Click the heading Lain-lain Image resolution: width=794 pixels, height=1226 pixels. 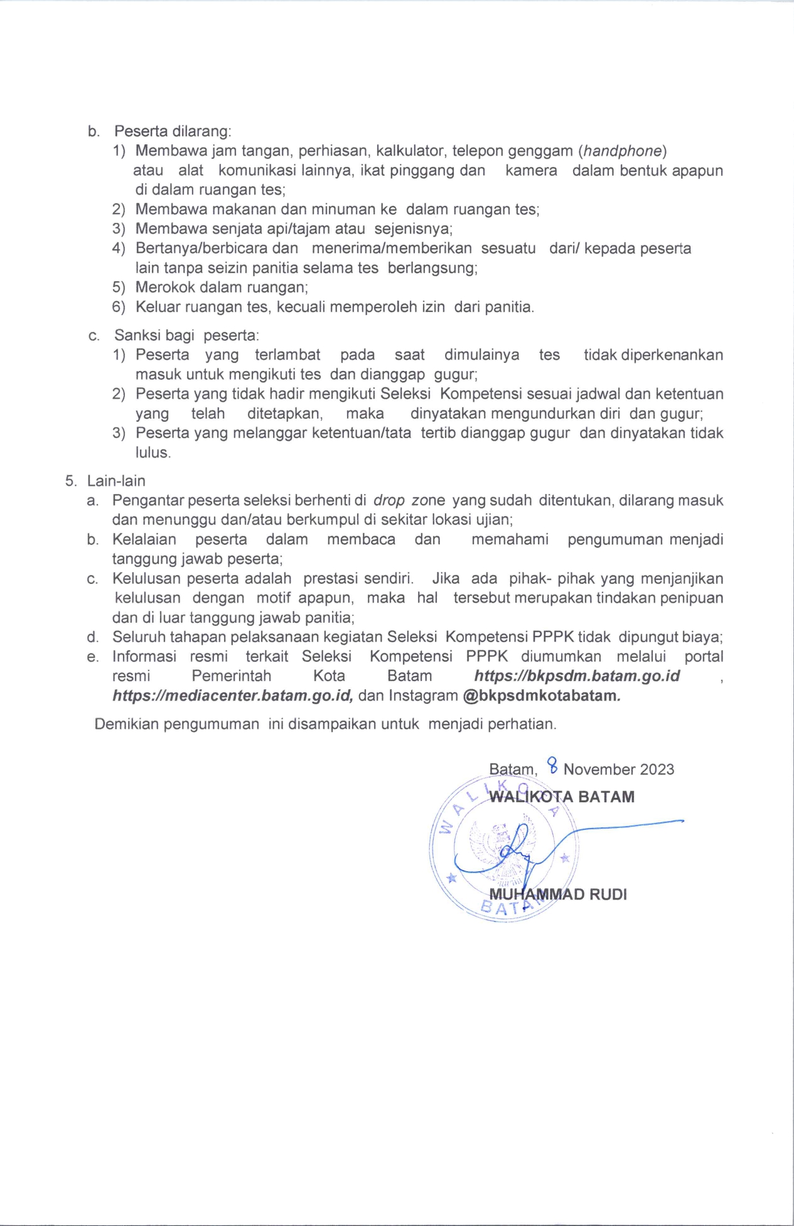click(116, 481)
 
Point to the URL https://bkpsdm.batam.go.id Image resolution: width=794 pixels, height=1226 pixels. click(577, 676)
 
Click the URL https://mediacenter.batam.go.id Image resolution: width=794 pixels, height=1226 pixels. click(233, 696)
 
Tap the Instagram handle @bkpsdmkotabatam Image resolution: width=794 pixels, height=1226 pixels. click(541, 696)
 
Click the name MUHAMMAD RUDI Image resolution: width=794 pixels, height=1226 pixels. click(558, 895)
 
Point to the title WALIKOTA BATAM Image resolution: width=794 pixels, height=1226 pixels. click(562, 797)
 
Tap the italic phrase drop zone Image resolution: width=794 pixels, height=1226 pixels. click(409, 501)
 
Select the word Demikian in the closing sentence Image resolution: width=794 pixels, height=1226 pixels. click(127, 724)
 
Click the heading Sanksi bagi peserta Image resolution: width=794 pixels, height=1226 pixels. click(186, 335)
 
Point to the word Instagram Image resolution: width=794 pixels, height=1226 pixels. click(423, 696)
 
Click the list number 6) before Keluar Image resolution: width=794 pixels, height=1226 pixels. click(119, 308)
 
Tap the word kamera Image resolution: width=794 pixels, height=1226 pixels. click(531, 171)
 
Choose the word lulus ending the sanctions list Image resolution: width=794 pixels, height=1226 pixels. click(153, 453)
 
